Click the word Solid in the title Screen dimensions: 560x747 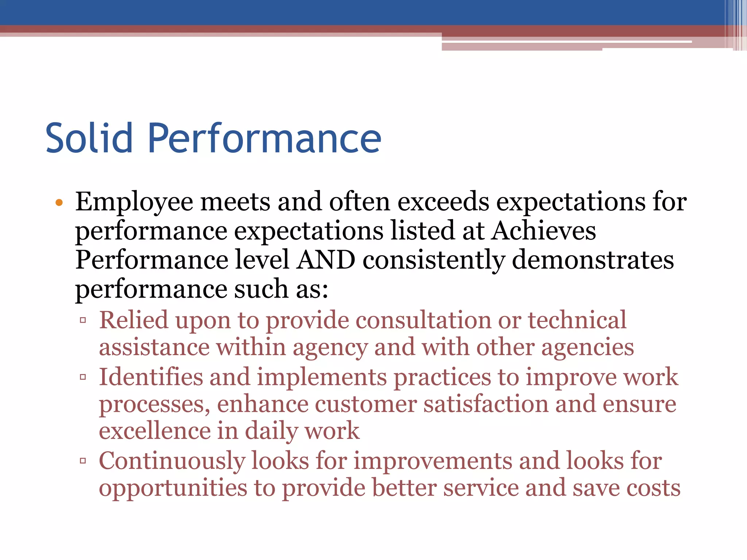click(x=89, y=139)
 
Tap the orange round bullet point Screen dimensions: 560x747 click(x=59, y=203)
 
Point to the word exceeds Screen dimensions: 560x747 click(x=443, y=202)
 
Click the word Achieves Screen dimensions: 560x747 click(x=543, y=231)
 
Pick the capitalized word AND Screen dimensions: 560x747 click(x=326, y=260)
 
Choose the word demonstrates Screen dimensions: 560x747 click(x=593, y=260)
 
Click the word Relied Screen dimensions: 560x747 click(x=133, y=320)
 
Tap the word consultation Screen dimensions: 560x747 click(x=423, y=320)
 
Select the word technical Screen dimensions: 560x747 click(x=577, y=320)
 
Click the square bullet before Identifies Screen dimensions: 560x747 click(x=83, y=377)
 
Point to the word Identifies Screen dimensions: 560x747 click(x=151, y=377)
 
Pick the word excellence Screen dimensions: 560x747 click(x=155, y=431)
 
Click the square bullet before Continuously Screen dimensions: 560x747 click(x=83, y=461)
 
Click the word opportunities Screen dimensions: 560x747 click(x=173, y=488)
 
